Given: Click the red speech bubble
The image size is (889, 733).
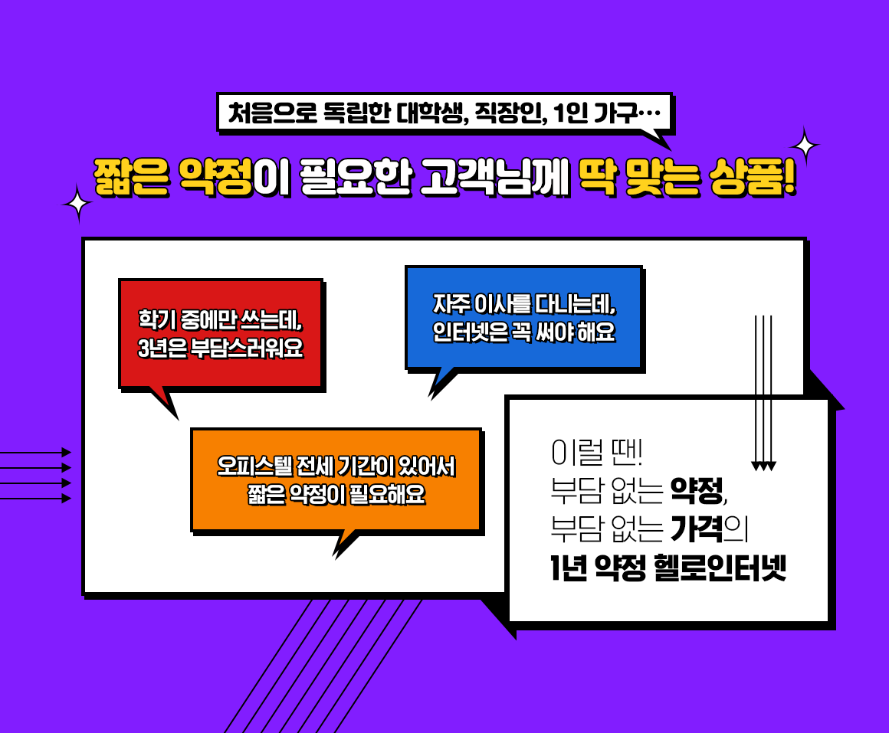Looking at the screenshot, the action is point(221,334).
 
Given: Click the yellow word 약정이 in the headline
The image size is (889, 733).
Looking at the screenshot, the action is point(235,177).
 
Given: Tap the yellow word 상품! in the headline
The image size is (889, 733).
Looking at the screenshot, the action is point(753,177).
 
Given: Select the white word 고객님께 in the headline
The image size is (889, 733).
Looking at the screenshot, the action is point(494,177).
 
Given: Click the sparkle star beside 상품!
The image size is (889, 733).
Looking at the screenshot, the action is point(804,146).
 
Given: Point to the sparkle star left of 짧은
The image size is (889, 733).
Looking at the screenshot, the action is point(77,203).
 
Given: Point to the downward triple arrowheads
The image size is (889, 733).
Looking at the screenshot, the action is point(763,466).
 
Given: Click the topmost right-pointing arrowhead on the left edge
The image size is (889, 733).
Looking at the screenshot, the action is point(67,452).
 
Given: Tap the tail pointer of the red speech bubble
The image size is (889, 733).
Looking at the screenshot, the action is point(166,404).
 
